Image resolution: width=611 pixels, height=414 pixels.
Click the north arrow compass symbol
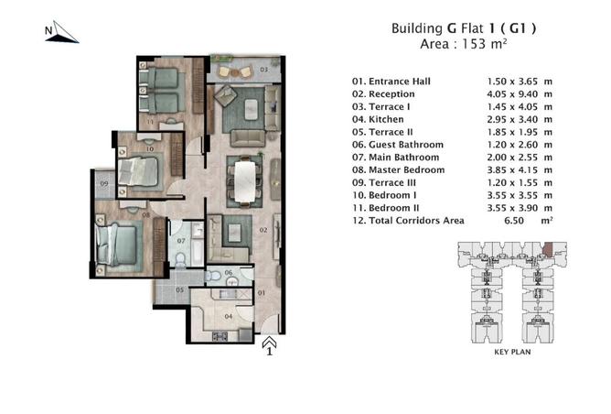(x=62, y=33)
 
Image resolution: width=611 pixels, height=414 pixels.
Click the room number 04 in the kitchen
(x=229, y=316)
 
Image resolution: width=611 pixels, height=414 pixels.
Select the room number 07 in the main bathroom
(x=181, y=241)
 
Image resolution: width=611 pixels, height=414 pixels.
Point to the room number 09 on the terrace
(x=104, y=183)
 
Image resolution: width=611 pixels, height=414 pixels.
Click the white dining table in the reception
(x=245, y=182)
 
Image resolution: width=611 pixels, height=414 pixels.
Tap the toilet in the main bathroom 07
(x=180, y=259)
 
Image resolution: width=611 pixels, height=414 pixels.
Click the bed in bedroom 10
(x=137, y=171)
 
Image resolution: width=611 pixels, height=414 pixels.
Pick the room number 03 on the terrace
(x=263, y=70)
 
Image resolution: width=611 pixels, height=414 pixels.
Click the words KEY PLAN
(x=512, y=352)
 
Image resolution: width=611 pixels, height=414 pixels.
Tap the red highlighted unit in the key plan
(x=548, y=249)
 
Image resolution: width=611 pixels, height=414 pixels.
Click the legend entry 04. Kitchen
(x=378, y=119)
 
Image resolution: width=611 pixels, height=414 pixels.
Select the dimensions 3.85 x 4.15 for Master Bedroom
(x=512, y=170)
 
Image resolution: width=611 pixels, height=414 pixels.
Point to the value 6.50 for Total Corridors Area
(x=514, y=221)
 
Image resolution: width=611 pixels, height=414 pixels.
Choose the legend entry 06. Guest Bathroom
(x=398, y=145)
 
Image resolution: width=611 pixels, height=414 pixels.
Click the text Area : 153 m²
(x=464, y=44)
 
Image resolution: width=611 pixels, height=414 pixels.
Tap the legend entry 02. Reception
(x=383, y=94)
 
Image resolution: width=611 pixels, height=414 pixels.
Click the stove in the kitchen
(x=220, y=336)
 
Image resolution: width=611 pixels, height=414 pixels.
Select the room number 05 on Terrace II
(x=179, y=290)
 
